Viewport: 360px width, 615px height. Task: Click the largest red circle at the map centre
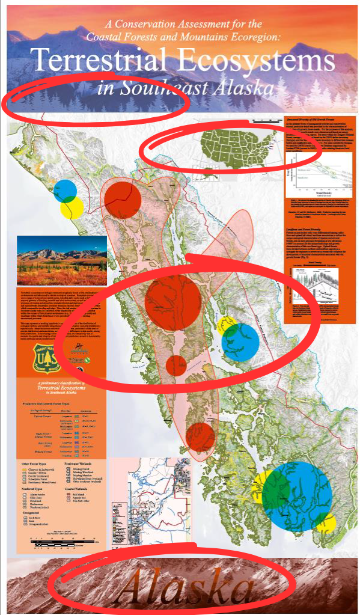pyautogui.click(x=172, y=299)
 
